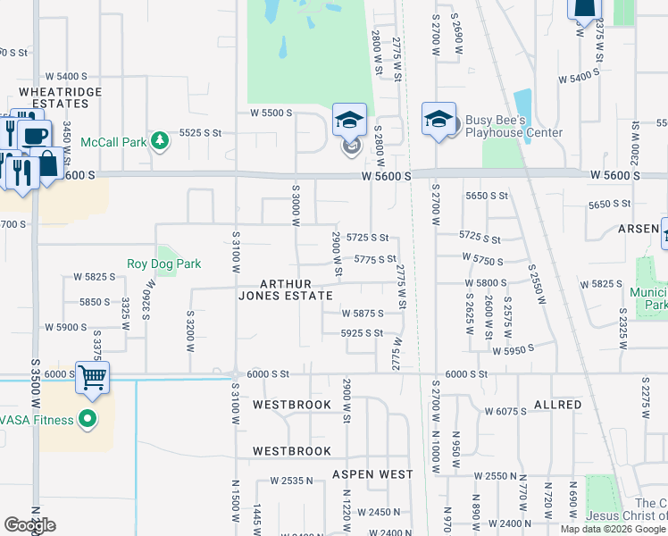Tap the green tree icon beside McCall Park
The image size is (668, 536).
click(x=159, y=140)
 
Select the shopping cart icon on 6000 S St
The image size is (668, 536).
click(x=93, y=377)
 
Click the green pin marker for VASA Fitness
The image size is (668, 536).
click(x=88, y=418)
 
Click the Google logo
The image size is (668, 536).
click(x=29, y=525)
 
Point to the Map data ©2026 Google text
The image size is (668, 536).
click(x=612, y=529)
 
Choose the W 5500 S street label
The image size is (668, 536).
click(x=271, y=113)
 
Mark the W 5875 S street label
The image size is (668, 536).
click(x=363, y=314)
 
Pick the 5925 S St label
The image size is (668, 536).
click(x=363, y=333)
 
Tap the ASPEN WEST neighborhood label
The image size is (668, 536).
click(x=372, y=474)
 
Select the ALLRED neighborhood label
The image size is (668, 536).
click(x=557, y=405)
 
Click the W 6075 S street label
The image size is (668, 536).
click(x=506, y=412)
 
